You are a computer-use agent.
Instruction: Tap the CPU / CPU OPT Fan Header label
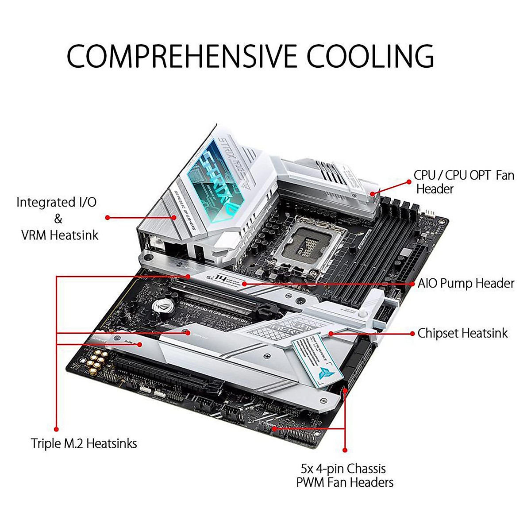tap(463, 182)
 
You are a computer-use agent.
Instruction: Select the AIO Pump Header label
tap(466, 283)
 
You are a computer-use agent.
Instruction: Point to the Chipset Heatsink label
tap(463, 333)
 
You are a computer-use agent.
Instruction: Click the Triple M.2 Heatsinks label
tap(84, 443)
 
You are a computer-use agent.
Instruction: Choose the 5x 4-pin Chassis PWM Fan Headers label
tap(345, 475)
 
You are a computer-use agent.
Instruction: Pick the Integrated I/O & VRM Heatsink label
tap(57, 219)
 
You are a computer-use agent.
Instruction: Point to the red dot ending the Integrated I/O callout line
tap(108, 217)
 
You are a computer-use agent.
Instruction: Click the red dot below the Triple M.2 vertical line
tap(57, 428)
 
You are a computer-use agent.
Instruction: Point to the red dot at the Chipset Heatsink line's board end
tap(330, 333)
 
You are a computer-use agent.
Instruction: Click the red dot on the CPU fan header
tap(373, 193)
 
